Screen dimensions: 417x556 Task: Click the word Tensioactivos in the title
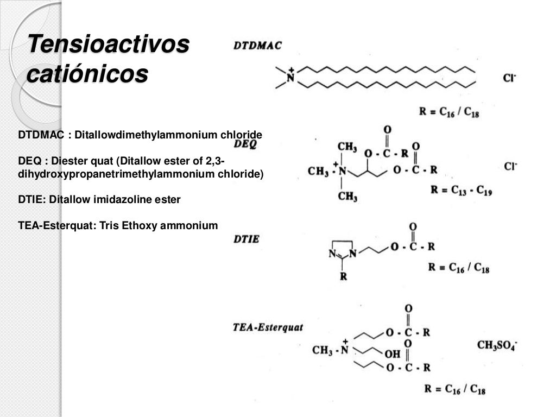click(108, 43)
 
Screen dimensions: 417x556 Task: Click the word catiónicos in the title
click(87, 74)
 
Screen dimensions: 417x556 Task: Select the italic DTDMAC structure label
click(258, 46)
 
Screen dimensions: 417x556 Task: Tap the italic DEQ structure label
click(245, 144)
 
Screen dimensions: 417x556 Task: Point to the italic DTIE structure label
click(247, 239)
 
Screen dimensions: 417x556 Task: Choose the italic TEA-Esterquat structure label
click(268, 327)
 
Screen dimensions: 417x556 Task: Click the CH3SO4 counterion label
click(497, 345)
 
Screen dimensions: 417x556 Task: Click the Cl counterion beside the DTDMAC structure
click(509, 78)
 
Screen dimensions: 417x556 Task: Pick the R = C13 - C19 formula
click(461, 191)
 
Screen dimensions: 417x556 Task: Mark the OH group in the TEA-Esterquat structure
click(392, 354)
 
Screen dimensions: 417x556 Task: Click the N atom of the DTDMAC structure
click(290, 78)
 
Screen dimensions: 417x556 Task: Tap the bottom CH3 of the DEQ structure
click(347, 197)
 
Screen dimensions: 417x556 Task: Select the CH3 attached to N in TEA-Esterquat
click(323, 350)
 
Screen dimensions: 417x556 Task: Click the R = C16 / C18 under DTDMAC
click(448, 112)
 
